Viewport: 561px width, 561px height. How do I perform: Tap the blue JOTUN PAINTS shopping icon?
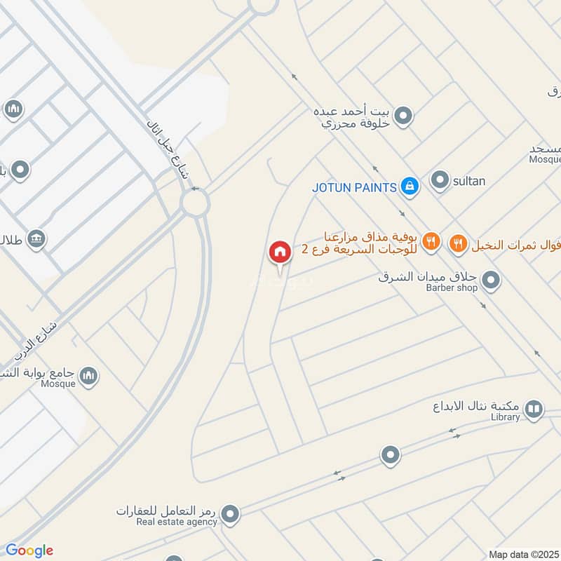pos(410,187)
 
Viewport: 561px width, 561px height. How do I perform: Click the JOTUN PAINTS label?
pos(355,187)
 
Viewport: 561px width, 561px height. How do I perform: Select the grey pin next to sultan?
pos(440,181)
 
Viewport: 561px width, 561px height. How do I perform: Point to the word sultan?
pos(468,182)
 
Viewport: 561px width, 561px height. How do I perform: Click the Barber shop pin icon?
pos(492,281)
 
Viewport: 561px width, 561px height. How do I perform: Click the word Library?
pos(505,417)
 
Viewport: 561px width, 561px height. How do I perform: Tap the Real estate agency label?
pos(177,522)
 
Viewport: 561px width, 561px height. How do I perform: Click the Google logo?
pos(29,550)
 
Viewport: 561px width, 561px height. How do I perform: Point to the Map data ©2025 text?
pos(524,554)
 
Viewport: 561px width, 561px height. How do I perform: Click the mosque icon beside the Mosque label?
pos(88,377)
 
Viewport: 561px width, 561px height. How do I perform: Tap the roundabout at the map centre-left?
pos(195,204)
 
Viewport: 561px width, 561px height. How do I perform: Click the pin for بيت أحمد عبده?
pos(403,116)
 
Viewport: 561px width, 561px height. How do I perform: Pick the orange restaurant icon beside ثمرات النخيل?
pos(458,243)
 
